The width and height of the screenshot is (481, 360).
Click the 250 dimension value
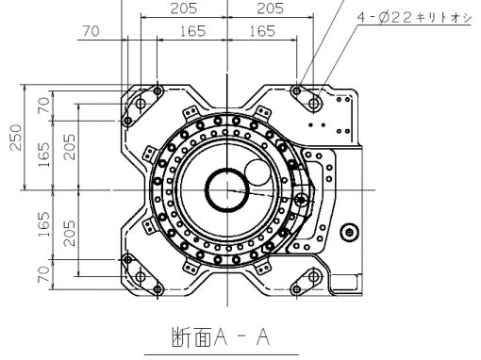point(16,138)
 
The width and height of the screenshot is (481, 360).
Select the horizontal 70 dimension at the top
point(91,31)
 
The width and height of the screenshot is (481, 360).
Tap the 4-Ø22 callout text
point(384,18)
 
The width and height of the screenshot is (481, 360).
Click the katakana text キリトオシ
point(443,18)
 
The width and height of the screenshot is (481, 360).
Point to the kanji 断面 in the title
point(191,337)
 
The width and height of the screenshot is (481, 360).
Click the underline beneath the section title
point(221,354)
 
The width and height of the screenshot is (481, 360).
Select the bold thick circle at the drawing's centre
point(227,189)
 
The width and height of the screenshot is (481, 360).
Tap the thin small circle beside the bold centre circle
point(257,172)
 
